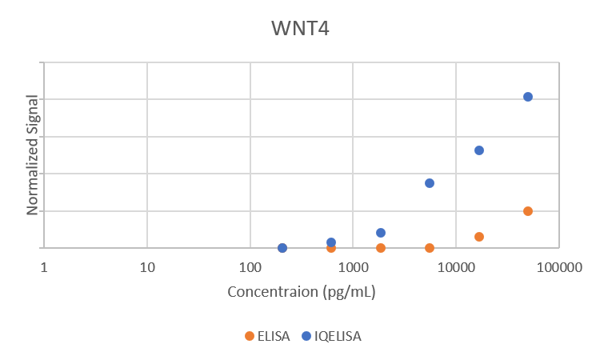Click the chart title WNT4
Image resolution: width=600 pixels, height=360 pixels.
(300, 30)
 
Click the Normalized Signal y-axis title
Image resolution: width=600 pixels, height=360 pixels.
(34, 155)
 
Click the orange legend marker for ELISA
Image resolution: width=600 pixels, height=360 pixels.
(250, 337)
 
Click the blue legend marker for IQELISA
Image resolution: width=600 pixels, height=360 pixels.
(306, 337)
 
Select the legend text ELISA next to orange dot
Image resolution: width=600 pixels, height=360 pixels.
(274, 337)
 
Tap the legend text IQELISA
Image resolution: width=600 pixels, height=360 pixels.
(338, 337)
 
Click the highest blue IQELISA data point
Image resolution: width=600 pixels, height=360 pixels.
(528, 97)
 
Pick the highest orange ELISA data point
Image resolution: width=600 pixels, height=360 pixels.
(528, 211)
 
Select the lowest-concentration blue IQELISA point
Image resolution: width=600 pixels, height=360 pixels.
(282, 248)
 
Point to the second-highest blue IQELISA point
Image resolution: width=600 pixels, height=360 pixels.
(479, 150)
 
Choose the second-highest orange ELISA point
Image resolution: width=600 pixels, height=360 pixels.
(479, 237)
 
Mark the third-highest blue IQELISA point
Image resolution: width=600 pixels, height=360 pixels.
(430, 183)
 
